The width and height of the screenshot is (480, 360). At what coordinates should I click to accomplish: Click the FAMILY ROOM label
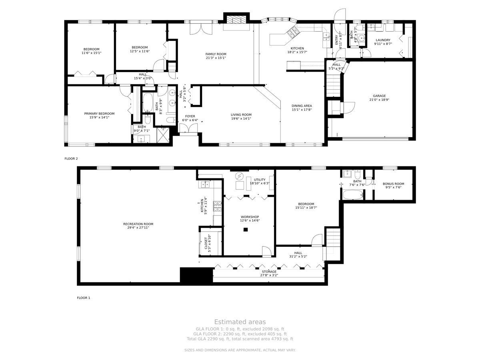[216, 54]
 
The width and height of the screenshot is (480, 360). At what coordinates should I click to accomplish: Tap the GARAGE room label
[379, 96]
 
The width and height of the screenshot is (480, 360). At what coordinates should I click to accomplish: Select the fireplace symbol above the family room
[236, 20]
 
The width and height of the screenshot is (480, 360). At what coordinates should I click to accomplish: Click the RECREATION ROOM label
[138, 224]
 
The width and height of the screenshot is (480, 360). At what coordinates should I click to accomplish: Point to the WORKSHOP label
[250, 217]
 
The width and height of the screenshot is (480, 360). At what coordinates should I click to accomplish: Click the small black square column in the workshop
[246, 230]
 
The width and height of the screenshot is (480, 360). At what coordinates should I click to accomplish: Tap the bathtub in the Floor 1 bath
[352, 194]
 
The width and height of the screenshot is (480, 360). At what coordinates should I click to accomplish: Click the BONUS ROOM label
[393, 184]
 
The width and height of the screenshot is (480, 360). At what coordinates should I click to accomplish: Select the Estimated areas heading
[240, 322]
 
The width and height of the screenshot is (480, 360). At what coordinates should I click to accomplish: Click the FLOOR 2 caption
[71, 158]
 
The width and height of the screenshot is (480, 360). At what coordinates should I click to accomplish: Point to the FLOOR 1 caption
[83, 298]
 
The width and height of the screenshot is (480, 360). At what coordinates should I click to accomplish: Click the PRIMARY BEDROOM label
[99, 114]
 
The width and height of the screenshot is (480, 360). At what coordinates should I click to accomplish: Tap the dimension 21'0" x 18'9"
[379, 100]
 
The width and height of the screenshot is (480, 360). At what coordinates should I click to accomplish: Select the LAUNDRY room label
[383, 40]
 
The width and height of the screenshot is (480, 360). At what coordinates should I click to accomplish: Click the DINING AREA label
[302, 106]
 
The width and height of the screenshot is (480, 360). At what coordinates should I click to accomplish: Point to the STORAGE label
[269, 272]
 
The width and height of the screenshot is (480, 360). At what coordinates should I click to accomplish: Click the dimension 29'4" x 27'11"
[138, 228]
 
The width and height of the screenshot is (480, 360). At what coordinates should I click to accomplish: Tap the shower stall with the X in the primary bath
[163, 135]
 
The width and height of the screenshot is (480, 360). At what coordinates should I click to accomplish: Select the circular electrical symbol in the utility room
[239, 176]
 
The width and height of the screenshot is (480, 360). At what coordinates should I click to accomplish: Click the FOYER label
[190, 116]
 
